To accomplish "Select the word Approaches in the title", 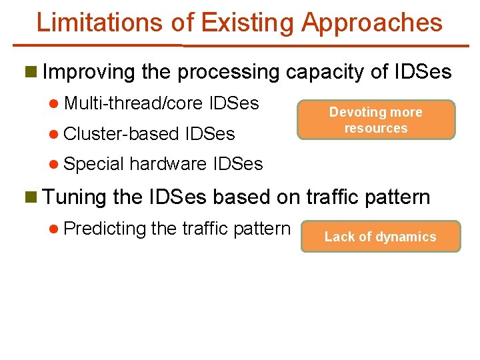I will (371, 23).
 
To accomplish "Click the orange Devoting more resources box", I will (376, 120).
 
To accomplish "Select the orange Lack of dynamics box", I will (380, 237).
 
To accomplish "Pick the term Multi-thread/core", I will (134, 103).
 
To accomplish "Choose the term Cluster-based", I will (124, 133).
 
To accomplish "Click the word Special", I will (94, 164).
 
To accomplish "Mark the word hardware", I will (167, 163).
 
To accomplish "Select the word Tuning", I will (74, 197).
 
